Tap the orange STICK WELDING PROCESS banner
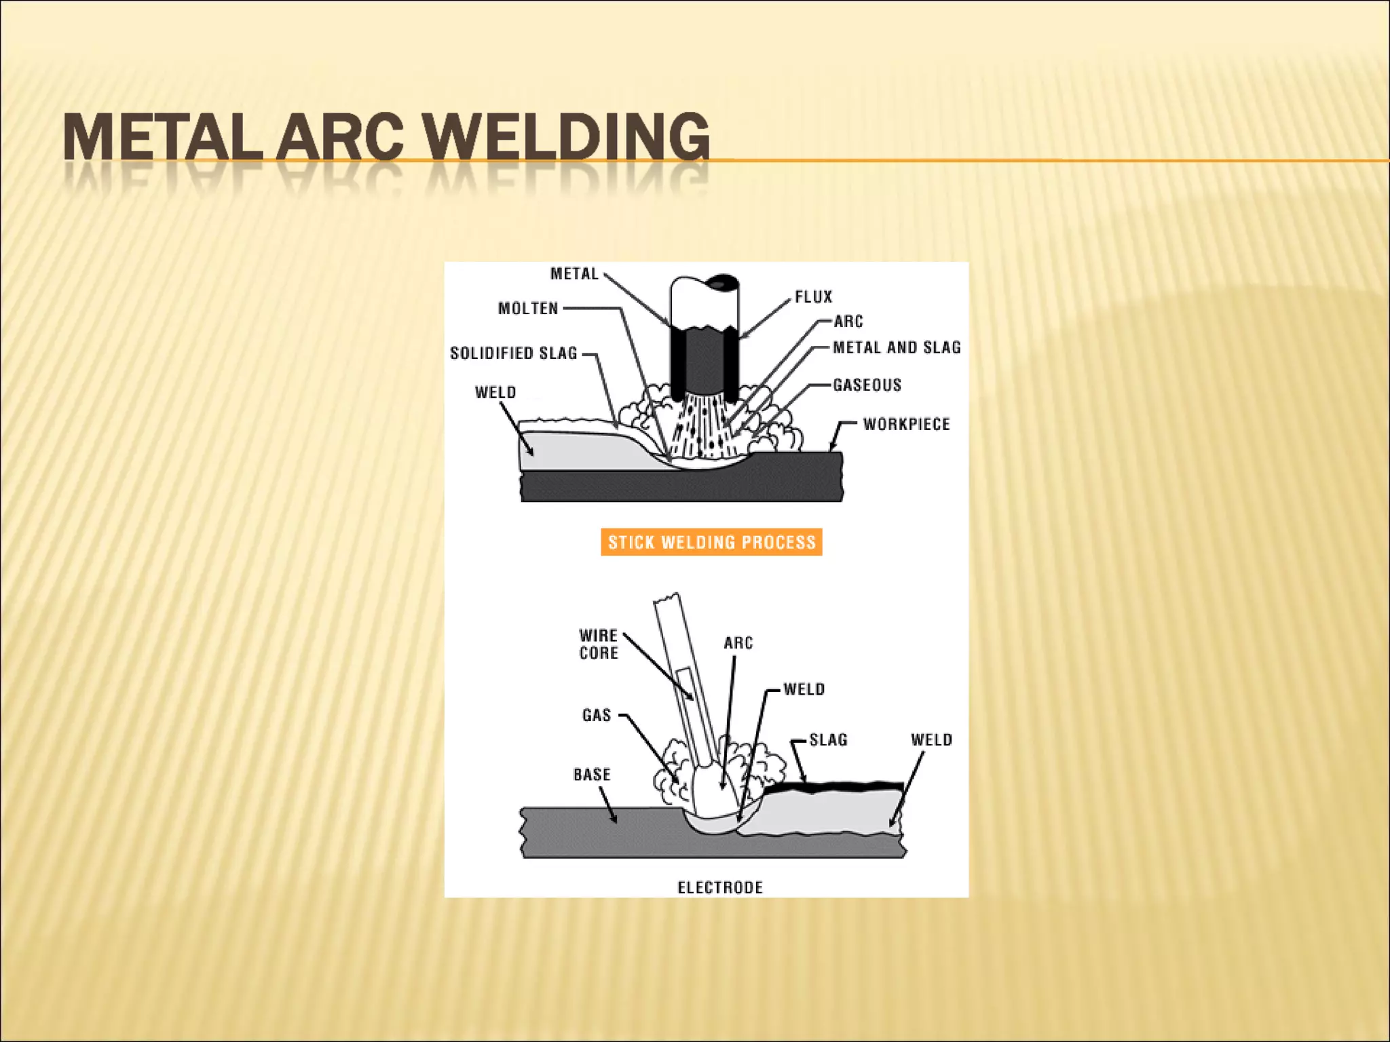click(x=711, y=542)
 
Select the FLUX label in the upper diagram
click(x=813, y=297)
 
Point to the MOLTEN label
click(x=528, y=309)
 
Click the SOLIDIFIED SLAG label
click(x=514, y=353)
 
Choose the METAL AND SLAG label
click(x=897, y=347)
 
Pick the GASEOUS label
click(x=867, y=385)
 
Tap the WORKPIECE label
click(x=906, y=425)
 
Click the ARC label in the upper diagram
click(x=848, y=322)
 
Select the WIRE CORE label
click(x=599, y=644)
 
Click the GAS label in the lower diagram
click(x=597, y=715)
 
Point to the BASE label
click(x=592, y=775)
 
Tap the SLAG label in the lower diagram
click(x=828, y=740)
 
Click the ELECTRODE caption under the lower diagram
click(x=720, y=887)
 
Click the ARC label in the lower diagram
click(x=738, y=643)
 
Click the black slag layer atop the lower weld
click(x=835, y=787)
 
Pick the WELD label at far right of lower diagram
click(x=931, y=740)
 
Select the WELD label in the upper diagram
click(x=495, y=393)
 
